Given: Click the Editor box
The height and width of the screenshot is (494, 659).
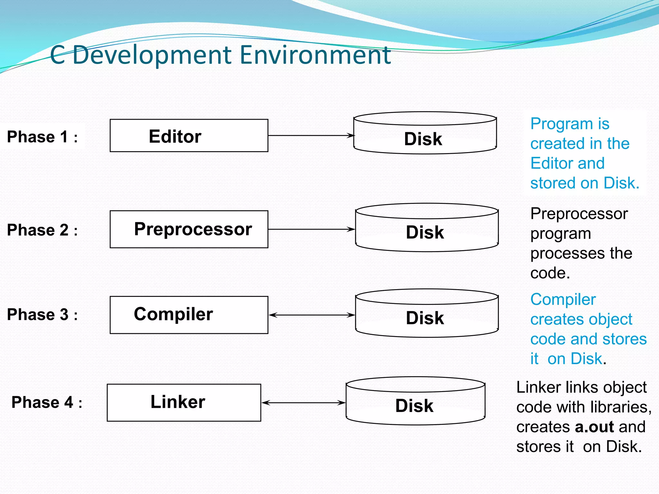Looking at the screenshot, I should pyautogui.click(x=189, y=135).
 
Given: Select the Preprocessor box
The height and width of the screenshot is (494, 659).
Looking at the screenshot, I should pyautogui.click(x=189, y=229).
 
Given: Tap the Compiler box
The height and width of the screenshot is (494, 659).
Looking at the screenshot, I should pyautogui.click(x=189, y=315).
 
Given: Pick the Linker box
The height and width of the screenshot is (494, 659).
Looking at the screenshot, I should pyautogui.click(x=184, y=402).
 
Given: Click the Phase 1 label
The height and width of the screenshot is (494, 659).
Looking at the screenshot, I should pyautogui.click(x=42, y=137).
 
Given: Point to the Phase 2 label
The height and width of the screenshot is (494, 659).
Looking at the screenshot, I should pyautogui.click(x=42, y=230).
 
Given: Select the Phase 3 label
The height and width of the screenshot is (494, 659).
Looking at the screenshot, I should pyautogui.click(x=42, y=315).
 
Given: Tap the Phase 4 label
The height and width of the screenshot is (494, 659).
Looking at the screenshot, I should pyautogui.click(x=47, y=402).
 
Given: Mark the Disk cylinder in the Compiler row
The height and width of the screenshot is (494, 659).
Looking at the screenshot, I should pyautogui.click(x=427, y=314).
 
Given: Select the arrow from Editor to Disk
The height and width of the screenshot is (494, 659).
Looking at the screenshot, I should pyautogui.click(x=311, y=135).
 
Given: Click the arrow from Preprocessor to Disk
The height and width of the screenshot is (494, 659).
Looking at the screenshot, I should pyautogui.click(x=311, y=229).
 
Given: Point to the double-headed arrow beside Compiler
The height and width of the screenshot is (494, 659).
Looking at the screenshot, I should pyautogui.click(x=311, y=315).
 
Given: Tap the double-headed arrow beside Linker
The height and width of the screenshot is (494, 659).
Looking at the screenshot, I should pyautogui.click(x=303, y=402).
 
